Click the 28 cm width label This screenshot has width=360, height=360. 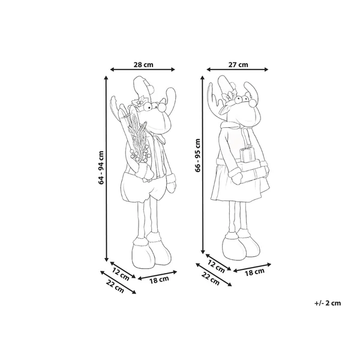point(143,65)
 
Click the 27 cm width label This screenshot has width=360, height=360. point(238,65)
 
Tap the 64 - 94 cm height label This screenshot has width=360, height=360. point(101,167)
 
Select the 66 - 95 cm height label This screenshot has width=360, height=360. point(197,155)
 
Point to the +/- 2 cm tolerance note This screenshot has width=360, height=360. point(328,303)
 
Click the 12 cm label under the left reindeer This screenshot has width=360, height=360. point(121,274)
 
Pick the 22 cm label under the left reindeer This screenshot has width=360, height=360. point(115,287)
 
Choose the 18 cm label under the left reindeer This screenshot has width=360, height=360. point(159,280)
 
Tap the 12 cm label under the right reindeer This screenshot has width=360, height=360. point(216,266)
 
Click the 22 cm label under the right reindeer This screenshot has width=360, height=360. point(211,278)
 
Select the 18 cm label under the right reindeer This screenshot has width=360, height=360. point(254,272)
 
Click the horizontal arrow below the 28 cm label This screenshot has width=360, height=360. point(143,70)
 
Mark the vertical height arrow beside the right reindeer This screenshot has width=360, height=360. point(203,165)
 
